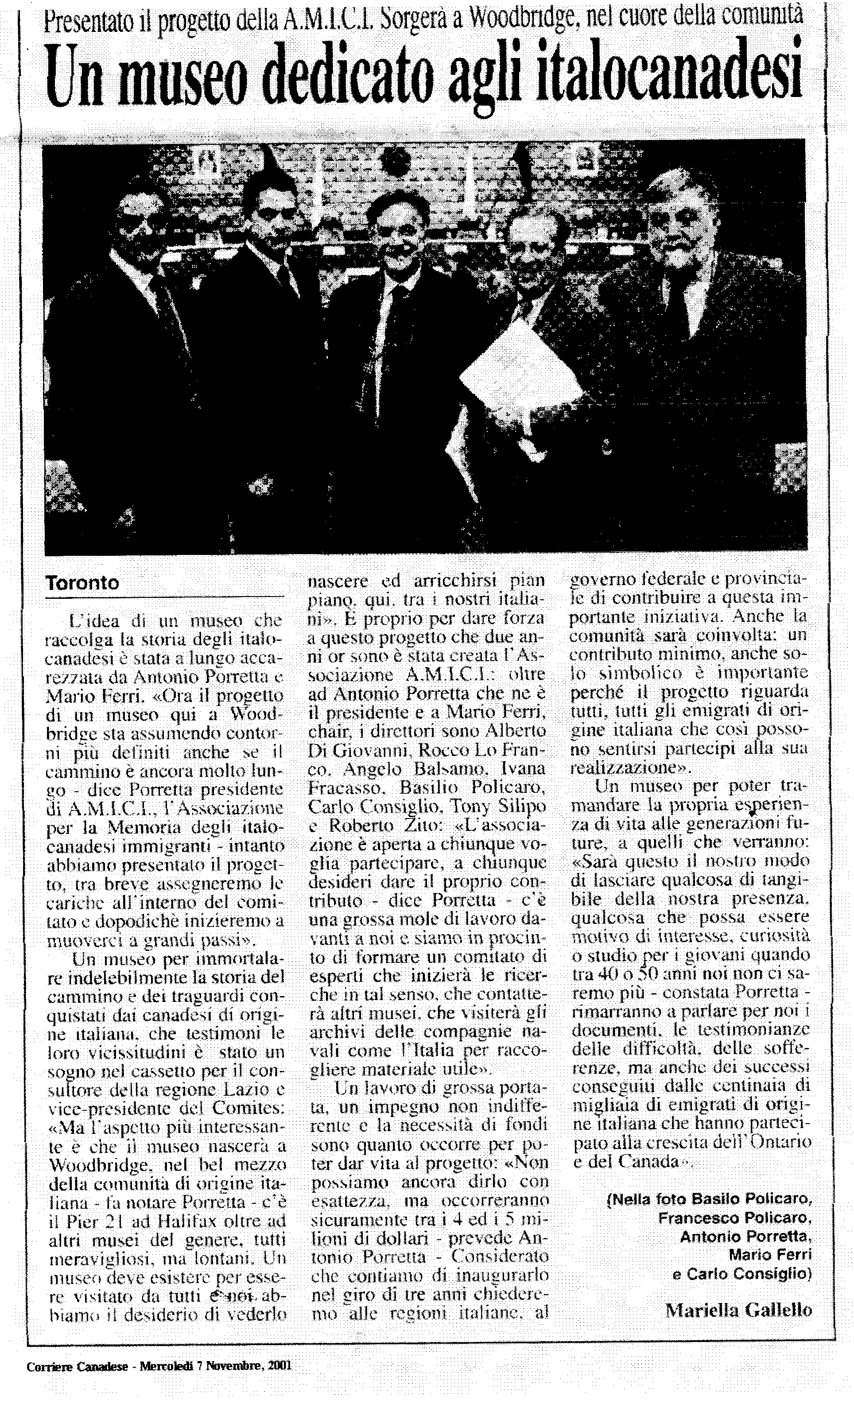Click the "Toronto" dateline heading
point(82,583)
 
